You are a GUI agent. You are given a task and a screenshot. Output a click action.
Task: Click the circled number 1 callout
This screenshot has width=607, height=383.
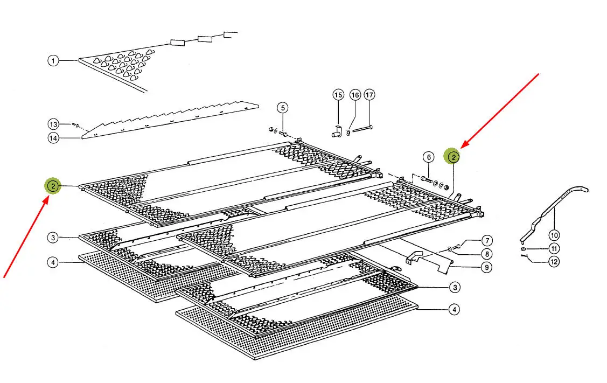click(x=53, y=61)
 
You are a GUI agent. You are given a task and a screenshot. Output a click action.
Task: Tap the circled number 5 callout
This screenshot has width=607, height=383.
click(x=283, y=107)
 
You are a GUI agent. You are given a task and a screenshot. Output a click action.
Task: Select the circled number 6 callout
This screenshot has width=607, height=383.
click(x=428, y=157)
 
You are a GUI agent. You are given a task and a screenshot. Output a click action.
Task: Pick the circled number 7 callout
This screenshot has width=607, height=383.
click(x=486, y=240)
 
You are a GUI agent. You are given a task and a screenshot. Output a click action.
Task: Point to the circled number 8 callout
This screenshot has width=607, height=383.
click(x=486, y=254)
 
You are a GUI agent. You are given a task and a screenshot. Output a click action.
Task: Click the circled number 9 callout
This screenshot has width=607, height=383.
click(x=486, y=267)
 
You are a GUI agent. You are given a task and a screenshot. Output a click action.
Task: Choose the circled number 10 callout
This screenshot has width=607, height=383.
click(x=554, y=235)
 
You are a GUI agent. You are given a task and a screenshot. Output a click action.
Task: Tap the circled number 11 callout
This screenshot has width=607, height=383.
click(x=554, y=248)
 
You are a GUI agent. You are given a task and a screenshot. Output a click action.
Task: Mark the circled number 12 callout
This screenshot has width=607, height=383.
click(x=554, y=262)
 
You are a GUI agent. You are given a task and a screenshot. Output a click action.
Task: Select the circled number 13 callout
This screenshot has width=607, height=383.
click(x=53, y=124)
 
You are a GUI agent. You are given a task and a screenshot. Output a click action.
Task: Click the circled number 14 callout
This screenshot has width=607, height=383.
click(x=53, y=138)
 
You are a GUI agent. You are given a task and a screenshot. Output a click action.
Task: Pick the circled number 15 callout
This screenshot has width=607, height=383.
click(x=338, y=95)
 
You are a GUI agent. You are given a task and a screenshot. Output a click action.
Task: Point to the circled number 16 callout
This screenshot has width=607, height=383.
click(x=355, y=95)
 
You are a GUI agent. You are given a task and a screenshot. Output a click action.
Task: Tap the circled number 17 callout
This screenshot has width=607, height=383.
click(x=369, y=95)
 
